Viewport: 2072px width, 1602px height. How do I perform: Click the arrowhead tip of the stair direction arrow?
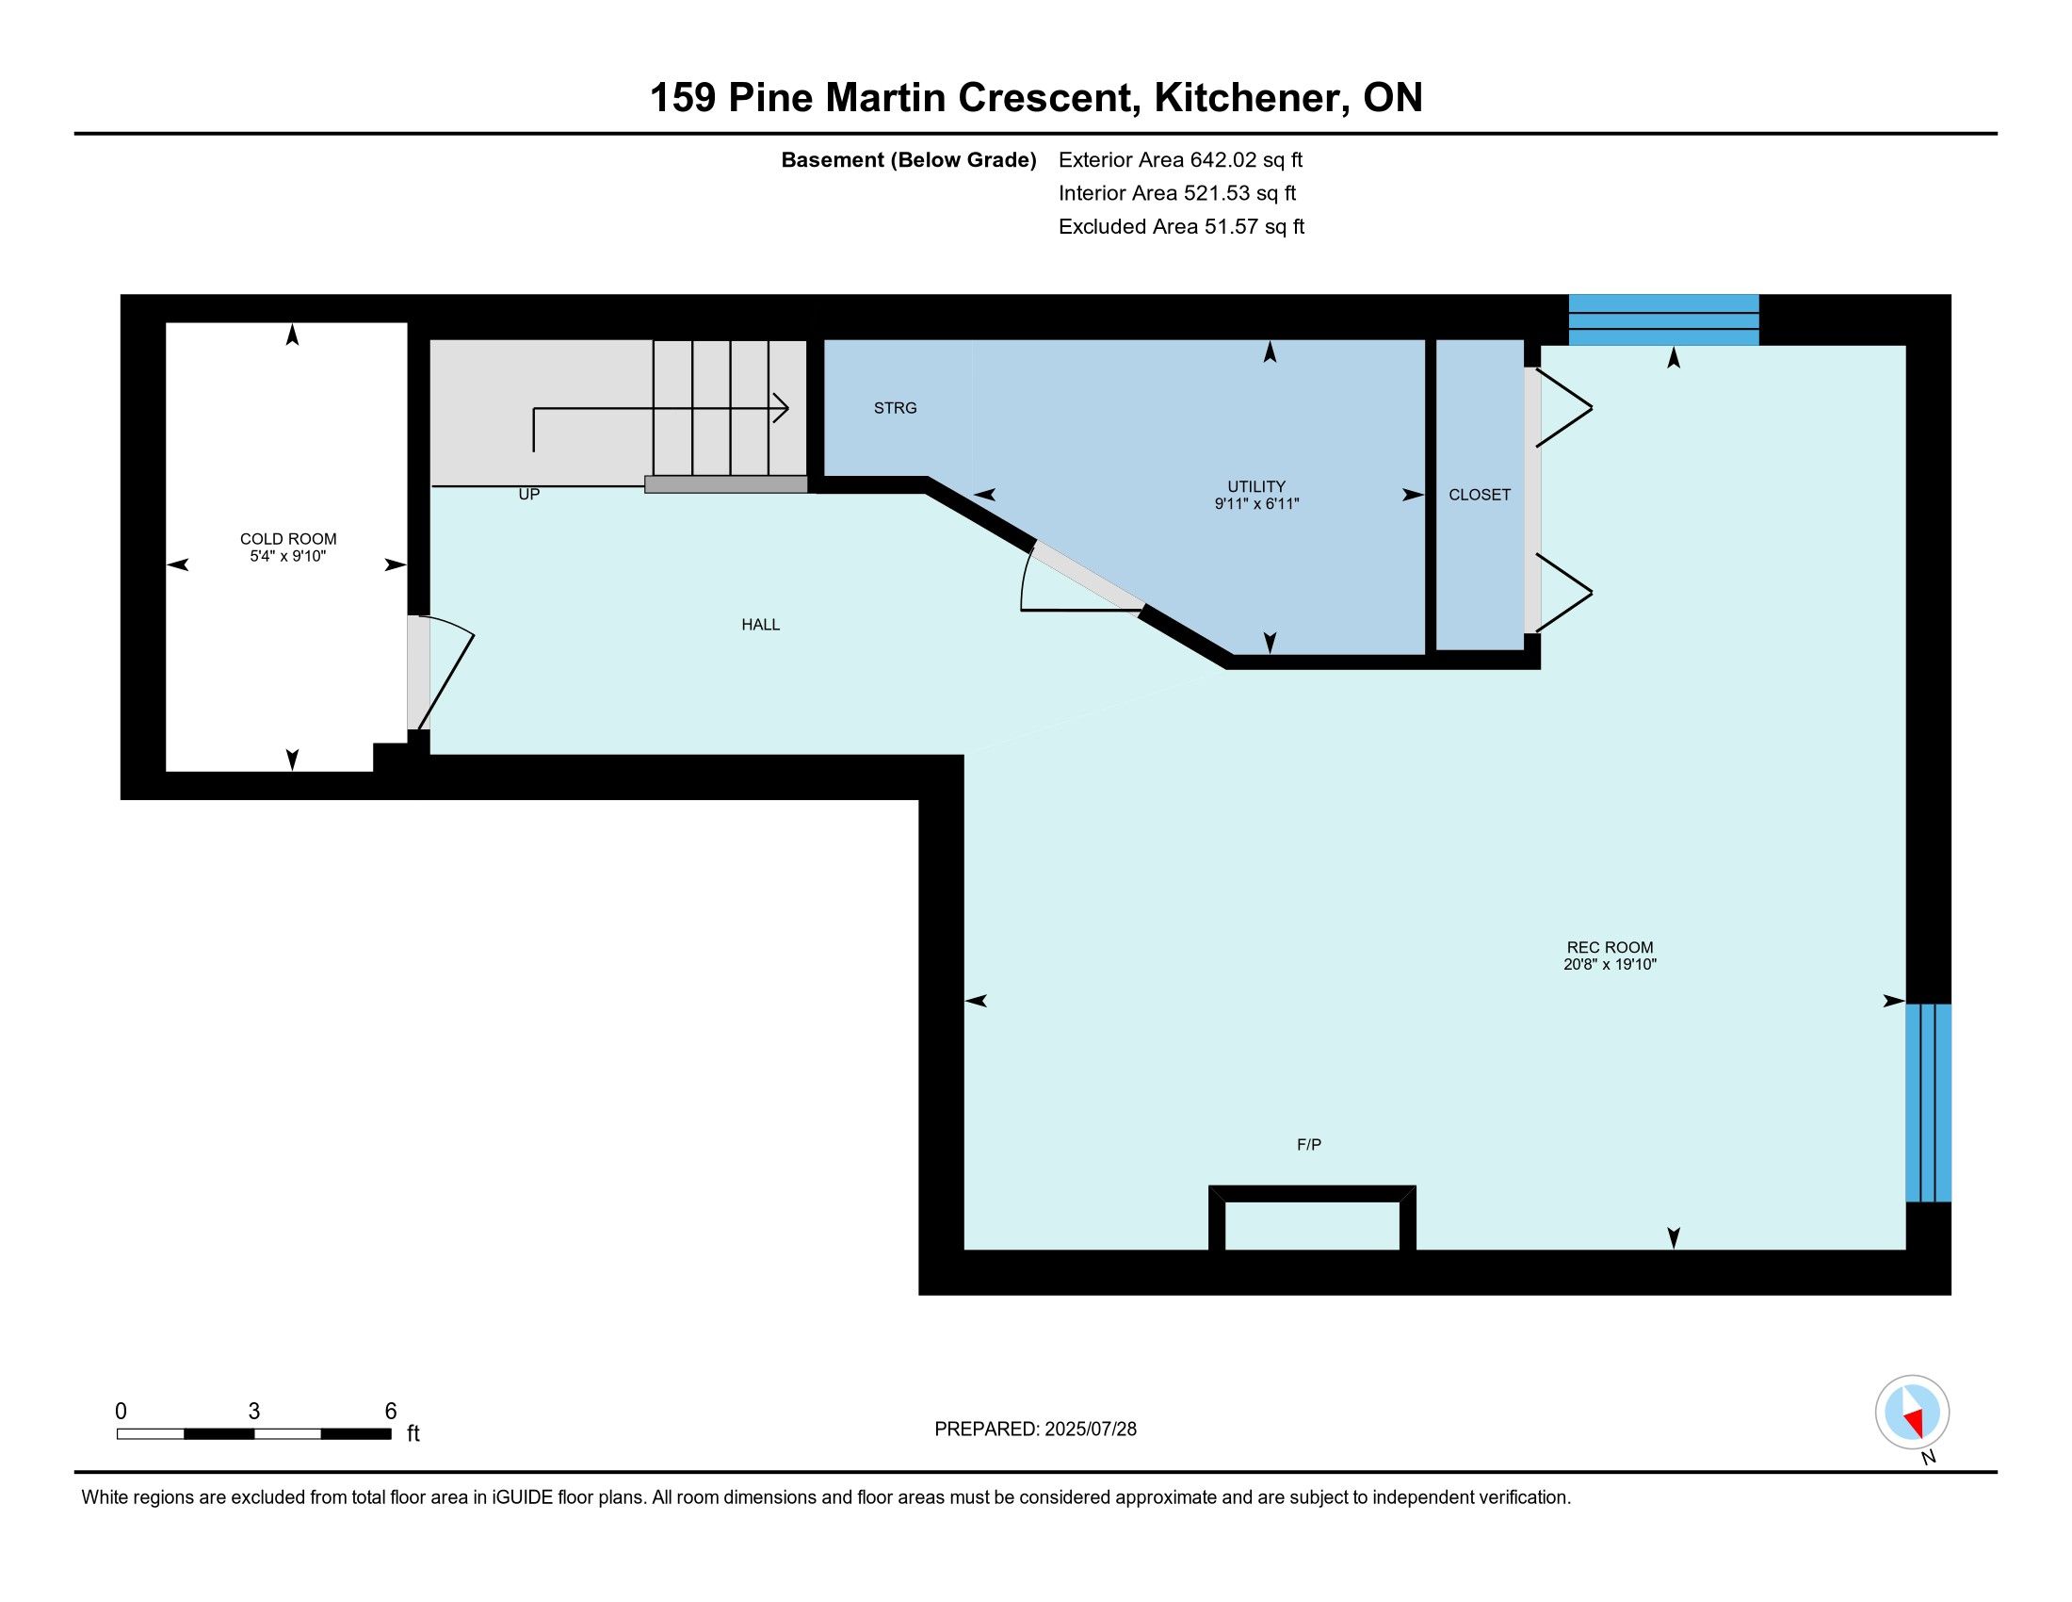pyautogui.click(x=788, y=408)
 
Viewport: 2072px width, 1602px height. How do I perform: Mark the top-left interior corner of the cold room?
pyautogui.click(x=166, y=323)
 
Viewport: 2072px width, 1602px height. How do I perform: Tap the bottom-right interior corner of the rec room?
pyautogui.click(x=1905, y=1249)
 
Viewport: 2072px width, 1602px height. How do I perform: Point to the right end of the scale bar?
pyautogui.click(x=391, y=1433)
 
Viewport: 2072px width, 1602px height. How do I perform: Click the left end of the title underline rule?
pyautogui.click(x=75, y=134)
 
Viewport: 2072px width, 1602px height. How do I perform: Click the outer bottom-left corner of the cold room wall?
pyautogui.click(x=121, y=799)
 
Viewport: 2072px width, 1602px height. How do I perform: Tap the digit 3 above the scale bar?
pyautogui.click(x=254, y=1412)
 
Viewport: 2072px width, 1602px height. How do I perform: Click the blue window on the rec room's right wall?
pyautogui.click(x=1928, y=1103)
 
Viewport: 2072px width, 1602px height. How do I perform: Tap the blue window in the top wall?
pyautogui.click(x=1663, y=319)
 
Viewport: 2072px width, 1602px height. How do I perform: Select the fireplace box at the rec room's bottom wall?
pyautogui.click(x=1312, y=1218)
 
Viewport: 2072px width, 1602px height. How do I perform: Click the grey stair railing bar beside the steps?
pyautogui.click(x=726, y=484)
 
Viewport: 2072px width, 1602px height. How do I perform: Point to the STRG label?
pyautogui.click(x=896, y=408)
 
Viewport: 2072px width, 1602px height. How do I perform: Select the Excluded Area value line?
pyautogui.click(x=1181, y=227)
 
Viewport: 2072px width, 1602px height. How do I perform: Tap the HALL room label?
pyautogui.click(x=761, y=625)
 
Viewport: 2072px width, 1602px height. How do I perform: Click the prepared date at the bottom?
pyautogui.click(x=1035, y=1430)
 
